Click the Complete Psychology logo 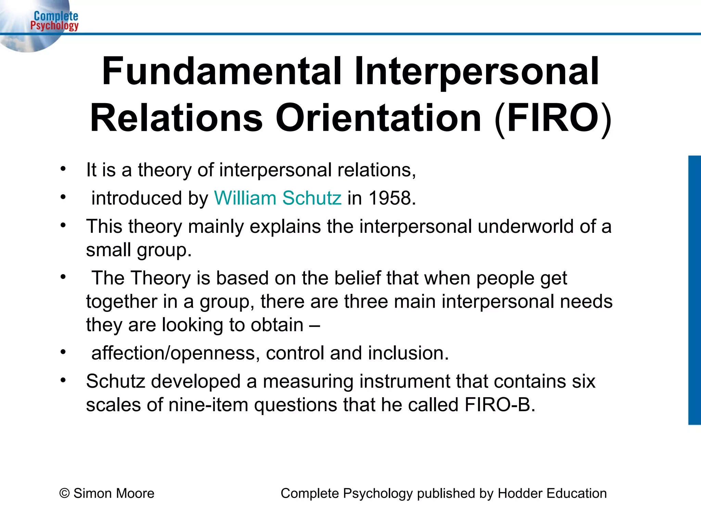tap(54, 21)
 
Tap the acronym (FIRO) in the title tap(552, 118)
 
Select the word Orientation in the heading tap(378, 118)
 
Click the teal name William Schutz tap(278, 198)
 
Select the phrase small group tap(138, 250)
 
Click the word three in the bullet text tap(366, 301)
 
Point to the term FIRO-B tap(500, 405)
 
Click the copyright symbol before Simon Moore tap(64, 493)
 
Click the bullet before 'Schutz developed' tap(63, 380)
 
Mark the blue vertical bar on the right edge tap(694, 290)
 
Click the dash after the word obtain tap(314, 325)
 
